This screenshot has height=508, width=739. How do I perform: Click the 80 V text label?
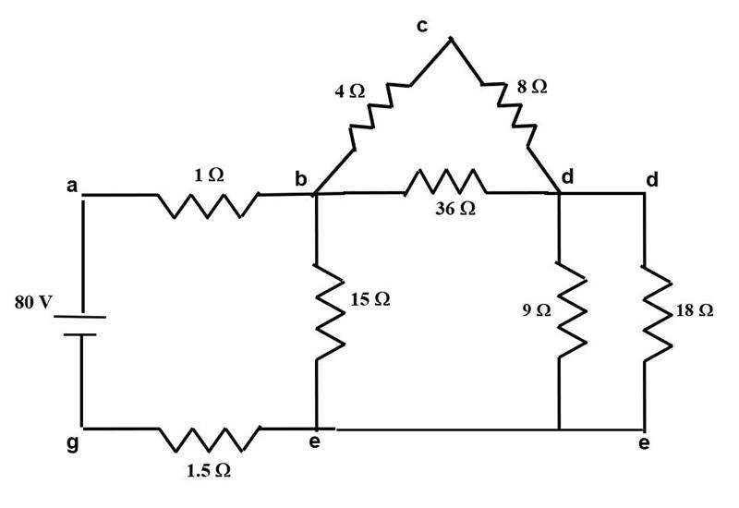point(32,303)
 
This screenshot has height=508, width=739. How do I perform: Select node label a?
point(71,186)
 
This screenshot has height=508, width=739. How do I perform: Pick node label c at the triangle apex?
point(422,25)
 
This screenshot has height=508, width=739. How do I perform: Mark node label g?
point(72,443)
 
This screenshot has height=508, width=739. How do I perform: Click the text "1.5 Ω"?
point(208,471)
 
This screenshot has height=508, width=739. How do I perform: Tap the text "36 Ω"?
point(455,209)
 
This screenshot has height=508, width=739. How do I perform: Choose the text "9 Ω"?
point(537,310)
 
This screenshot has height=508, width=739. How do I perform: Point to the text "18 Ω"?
point(695,310)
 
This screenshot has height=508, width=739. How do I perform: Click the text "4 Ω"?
point(350,91)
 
